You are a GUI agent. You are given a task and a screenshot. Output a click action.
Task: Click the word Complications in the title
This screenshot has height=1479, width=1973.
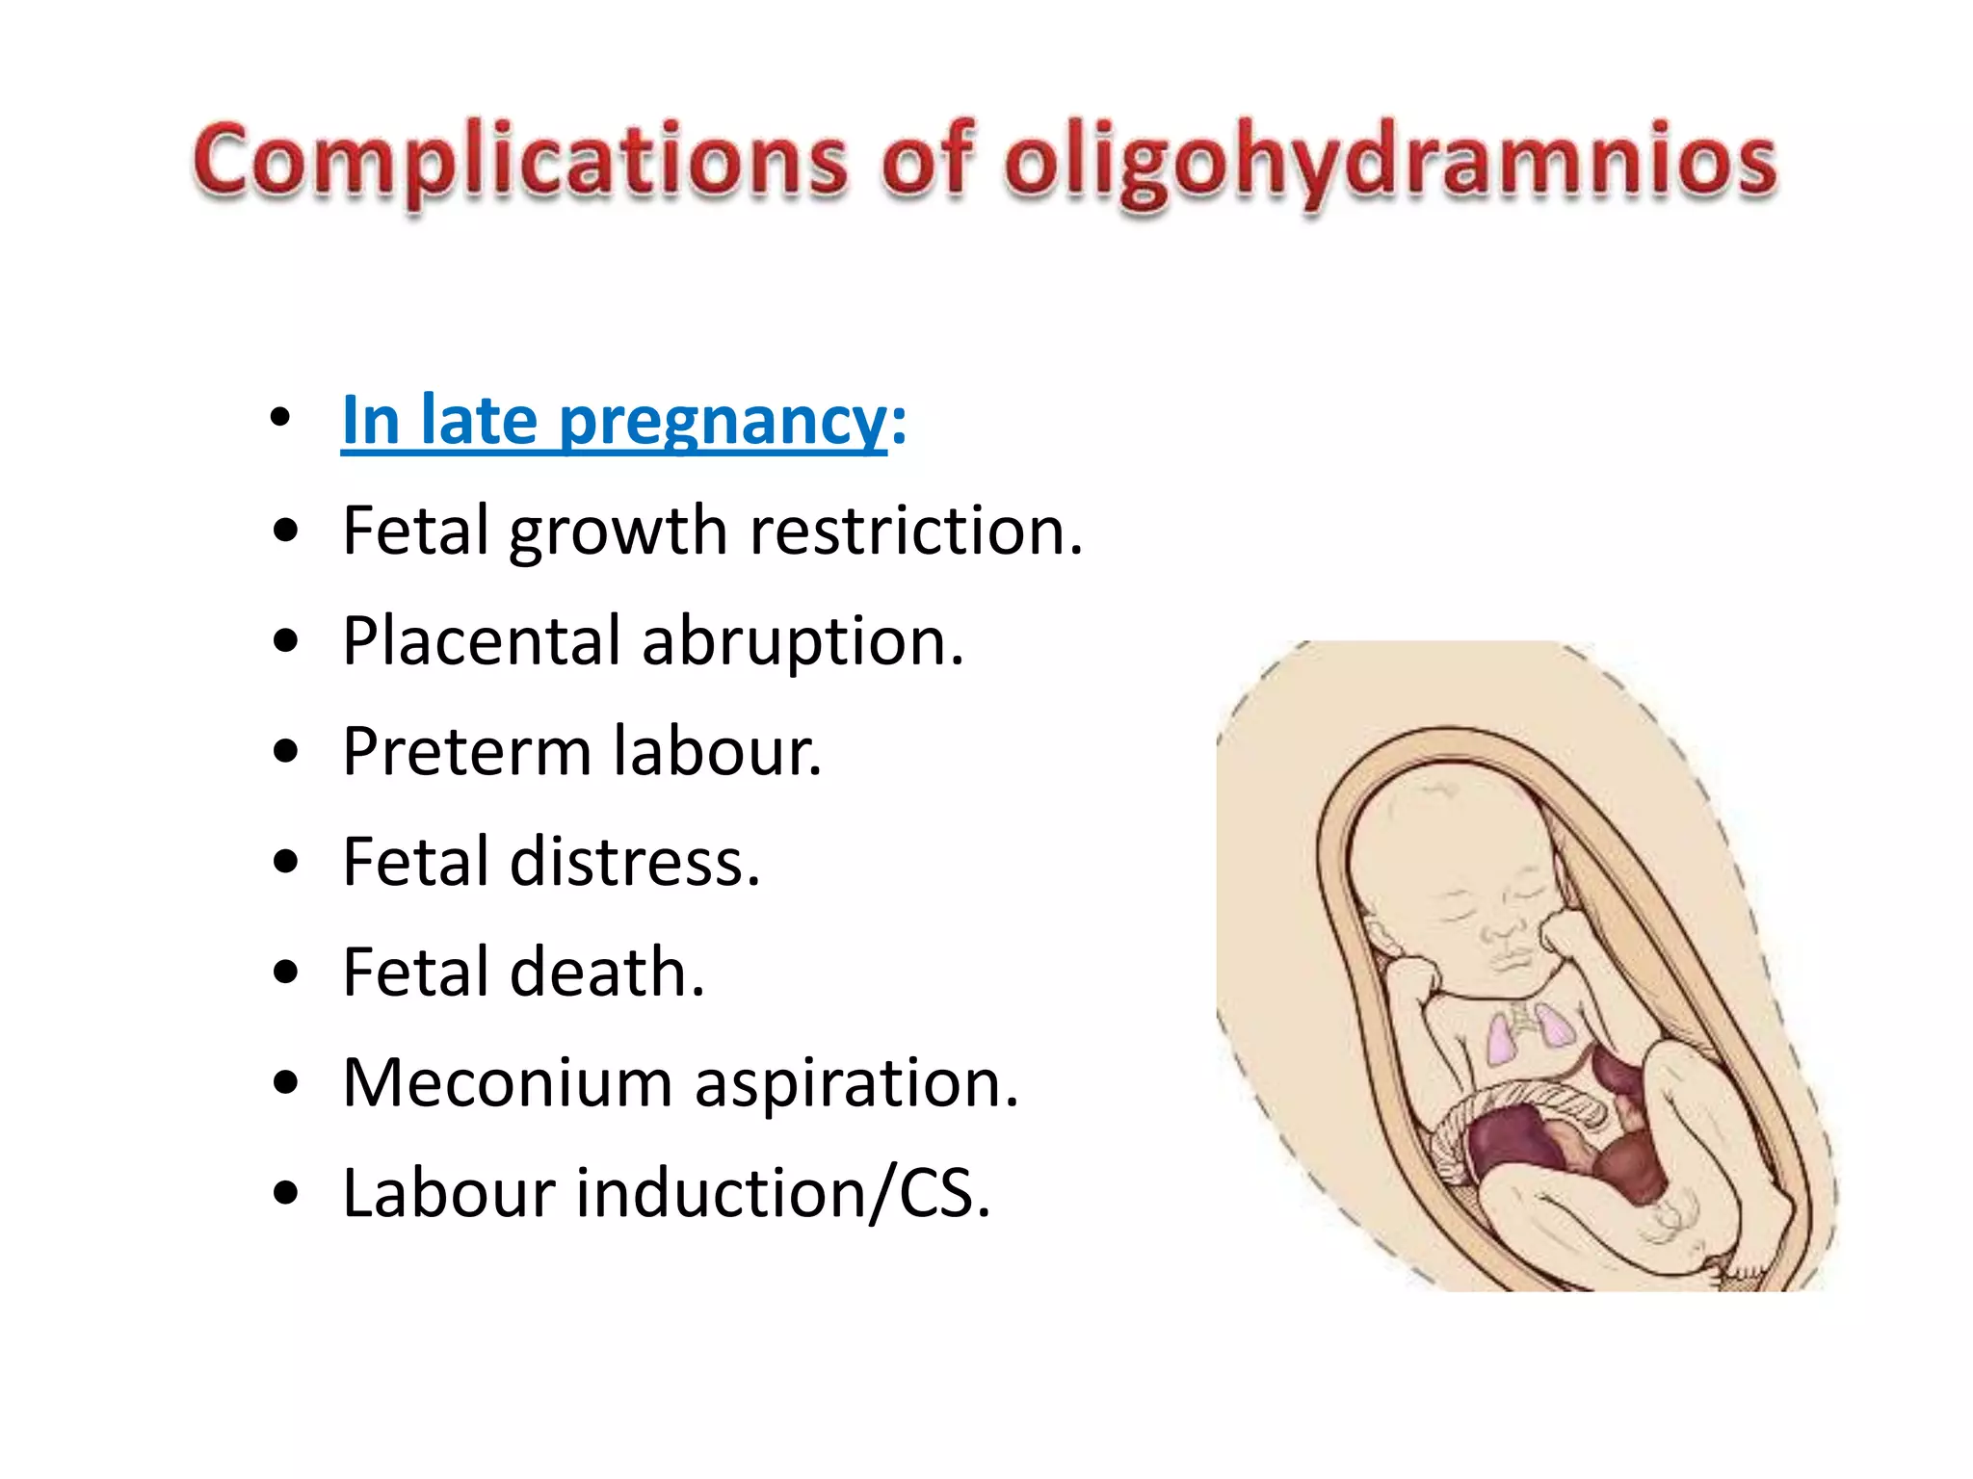pos(520,161)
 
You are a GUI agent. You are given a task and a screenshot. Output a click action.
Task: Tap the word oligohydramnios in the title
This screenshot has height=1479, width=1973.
pos(1390,161)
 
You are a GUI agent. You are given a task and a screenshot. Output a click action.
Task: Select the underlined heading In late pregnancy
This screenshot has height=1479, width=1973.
pos(614,421)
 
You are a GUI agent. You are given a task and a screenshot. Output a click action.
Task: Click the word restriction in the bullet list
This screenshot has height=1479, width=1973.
pos(916,531)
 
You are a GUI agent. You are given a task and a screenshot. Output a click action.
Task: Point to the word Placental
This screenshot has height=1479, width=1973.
pos(482,641)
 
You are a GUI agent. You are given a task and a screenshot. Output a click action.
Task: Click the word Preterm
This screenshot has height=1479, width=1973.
pos(466,751)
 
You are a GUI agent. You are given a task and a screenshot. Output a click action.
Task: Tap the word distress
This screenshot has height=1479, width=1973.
pos(635,861)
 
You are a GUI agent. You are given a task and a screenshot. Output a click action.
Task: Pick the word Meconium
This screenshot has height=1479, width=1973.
pos(508,1082)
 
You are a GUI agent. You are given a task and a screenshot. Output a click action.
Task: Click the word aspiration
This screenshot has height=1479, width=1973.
pos(856,1084)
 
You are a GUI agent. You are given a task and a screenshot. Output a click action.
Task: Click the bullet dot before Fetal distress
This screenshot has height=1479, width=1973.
pos(285,862)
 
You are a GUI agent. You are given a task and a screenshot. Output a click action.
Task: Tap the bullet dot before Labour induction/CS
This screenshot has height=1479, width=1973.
pos(285,1194)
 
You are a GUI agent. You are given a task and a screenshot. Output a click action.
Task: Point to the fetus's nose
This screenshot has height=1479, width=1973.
pos(1503,930)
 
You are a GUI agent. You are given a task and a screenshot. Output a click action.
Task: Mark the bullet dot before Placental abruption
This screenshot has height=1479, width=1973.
pos(285,641)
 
